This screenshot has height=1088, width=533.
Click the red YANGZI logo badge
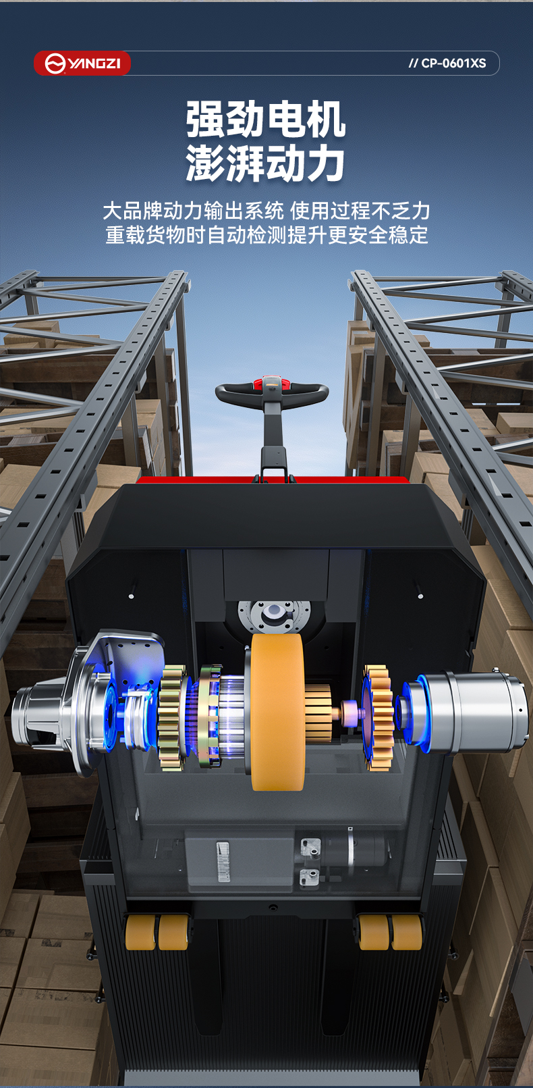(x=82, y=63)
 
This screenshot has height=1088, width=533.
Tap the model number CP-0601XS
(x=447, y=63)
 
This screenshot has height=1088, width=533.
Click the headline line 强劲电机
(x=266, y=119)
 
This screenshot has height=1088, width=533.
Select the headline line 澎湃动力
(x=266, y=163)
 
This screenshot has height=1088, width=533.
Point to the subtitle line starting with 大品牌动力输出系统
(x=266, y=211)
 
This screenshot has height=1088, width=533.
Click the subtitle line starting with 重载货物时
(x=266, y=235)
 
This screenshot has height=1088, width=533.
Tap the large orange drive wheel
(x=277, y=712)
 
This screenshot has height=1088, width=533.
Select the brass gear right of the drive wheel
(x=378, y=718)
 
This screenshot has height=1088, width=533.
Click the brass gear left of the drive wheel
(x=173, y=717)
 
